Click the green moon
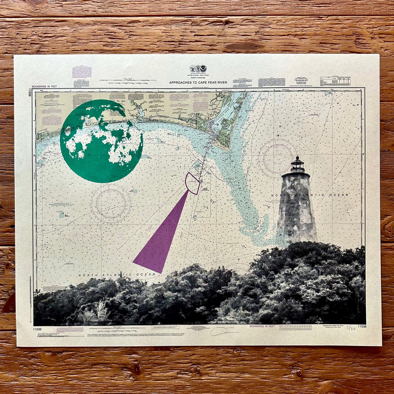[101, 141]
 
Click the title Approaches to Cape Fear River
[198, 82]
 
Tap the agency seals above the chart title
[198, 68]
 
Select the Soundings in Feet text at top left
[44, 86]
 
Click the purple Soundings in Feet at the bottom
[262, 326]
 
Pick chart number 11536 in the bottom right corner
[362, 326]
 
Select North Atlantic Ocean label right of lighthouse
[310, 195]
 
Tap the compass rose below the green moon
[110, 203]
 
